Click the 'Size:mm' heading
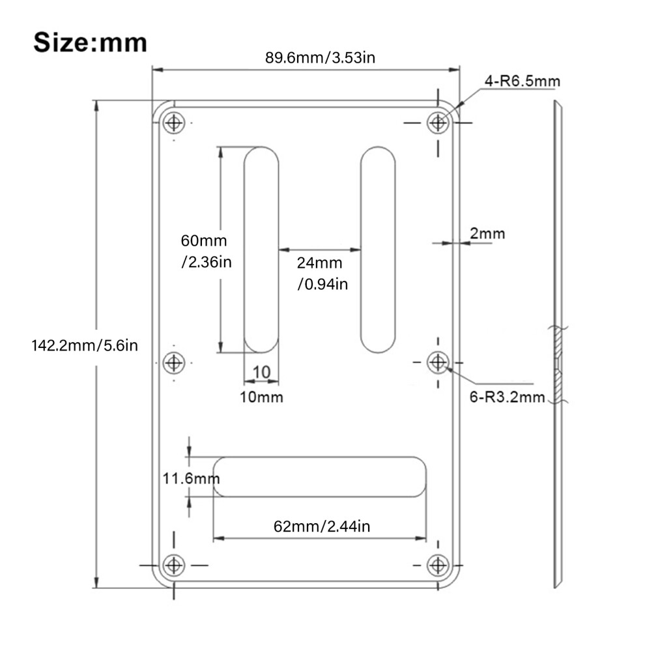click(90, 42)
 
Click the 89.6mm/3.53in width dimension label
click(320, 57)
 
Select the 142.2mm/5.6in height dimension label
click(85, 345)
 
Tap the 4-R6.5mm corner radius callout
click(522, 81)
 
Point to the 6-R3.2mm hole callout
click(507, 397)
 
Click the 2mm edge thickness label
click(487, 233)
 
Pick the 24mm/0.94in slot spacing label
click(322, 273)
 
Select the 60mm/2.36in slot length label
click(206, 251)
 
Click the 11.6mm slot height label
click(192, 478)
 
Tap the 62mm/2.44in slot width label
click(322, 526)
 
